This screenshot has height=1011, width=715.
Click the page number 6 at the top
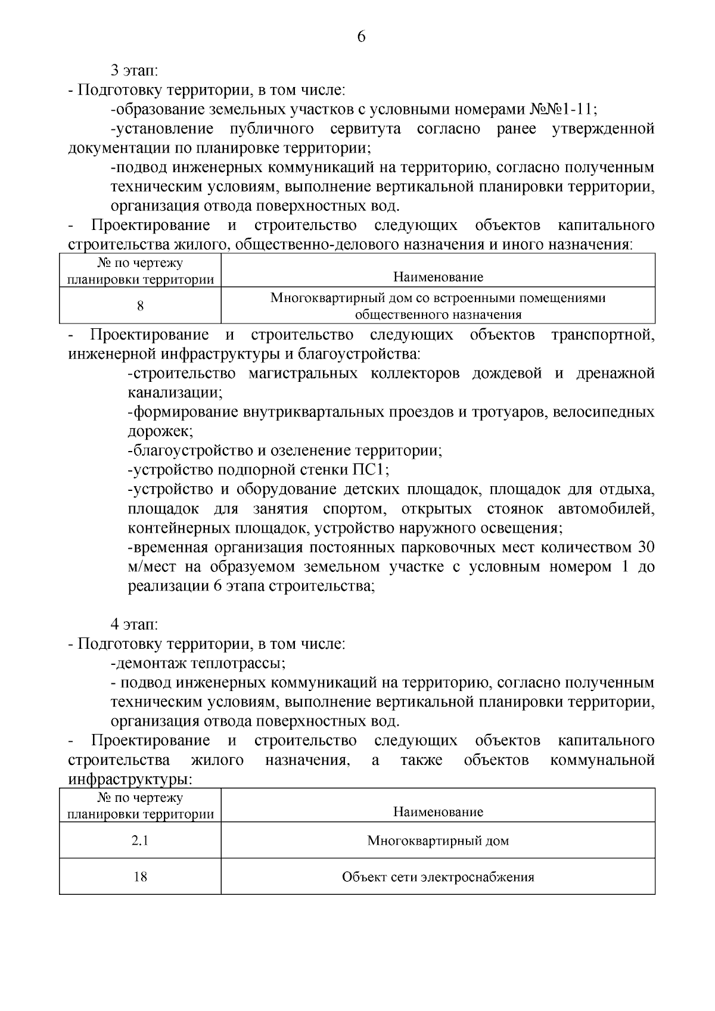(x=361, y=37)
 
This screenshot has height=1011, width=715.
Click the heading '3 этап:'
(x=134, y=71)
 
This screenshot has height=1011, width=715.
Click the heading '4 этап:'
(x=134, y=624)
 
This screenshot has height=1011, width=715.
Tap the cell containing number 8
(x=140, y=306)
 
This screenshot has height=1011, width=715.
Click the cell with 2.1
(x=140, y=841)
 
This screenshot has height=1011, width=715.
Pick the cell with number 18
(x=140, y=877)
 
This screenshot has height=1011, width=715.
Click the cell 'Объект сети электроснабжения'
(x=438, y=877)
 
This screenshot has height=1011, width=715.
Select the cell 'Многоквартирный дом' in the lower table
(x=438, y=841)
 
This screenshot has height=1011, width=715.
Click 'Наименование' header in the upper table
(x=438, y=277)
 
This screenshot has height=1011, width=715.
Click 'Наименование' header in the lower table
(x=438, y=812)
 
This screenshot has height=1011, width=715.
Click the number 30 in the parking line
(x=646, y=547)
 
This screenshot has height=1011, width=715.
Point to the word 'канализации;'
(x=175, y=393)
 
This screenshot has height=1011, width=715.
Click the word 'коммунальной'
(x=602, y=760)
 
